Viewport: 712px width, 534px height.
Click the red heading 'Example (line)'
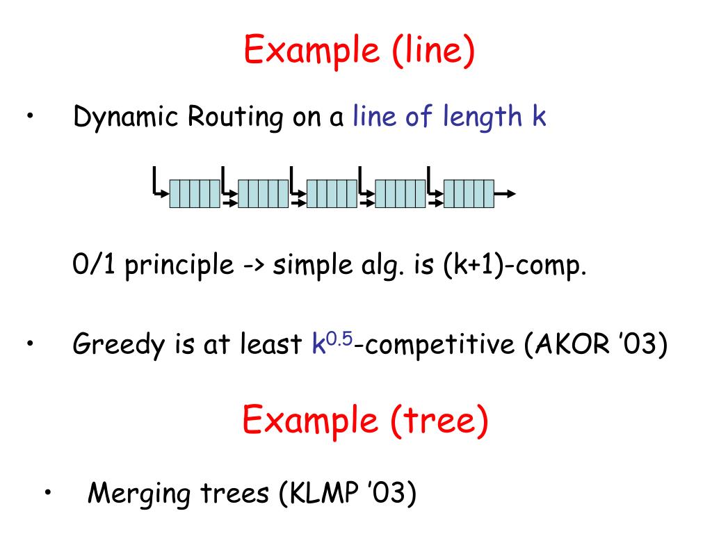pos(360,51)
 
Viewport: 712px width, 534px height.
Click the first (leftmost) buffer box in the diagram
pos(195,193)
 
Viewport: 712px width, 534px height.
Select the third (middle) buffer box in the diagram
pos(332,193)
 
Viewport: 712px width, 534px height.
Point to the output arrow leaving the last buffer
pos(505,193)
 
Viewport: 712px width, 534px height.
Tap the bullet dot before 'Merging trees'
pos(47,492)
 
